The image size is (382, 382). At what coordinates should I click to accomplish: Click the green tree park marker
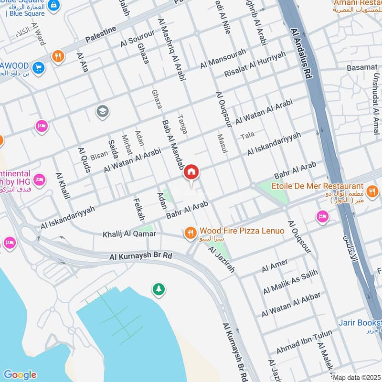point(158,289)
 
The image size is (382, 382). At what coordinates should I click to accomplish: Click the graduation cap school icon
point(102,112)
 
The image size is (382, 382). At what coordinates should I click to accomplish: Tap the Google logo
point(20,375)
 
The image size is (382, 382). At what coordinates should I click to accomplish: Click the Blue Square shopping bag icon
point(54,4)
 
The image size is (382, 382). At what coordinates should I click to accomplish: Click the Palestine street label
point(101,34)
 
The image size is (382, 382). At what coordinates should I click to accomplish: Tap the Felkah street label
point(140,210)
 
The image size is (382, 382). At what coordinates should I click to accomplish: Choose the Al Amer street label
point(275,265)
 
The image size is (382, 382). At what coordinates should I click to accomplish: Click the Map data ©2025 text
point(357,378)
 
